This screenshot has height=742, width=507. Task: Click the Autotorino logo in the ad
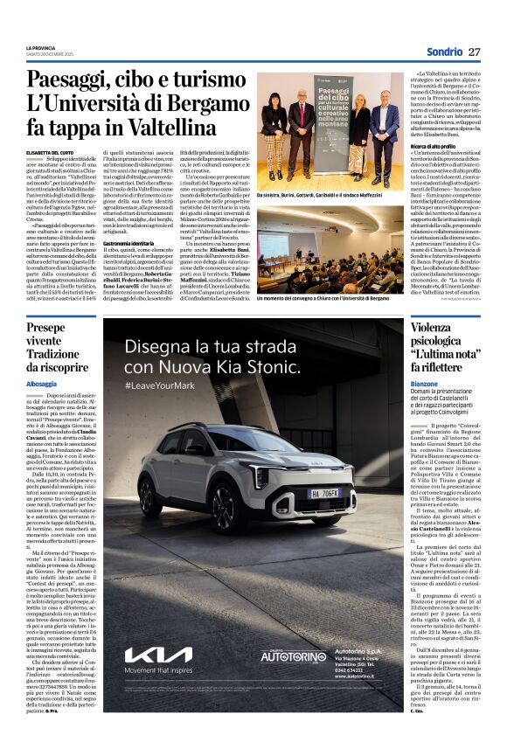coord(294,655)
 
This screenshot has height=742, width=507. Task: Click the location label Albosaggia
coord(41,384)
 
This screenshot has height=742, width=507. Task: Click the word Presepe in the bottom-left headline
coord(45,328)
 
